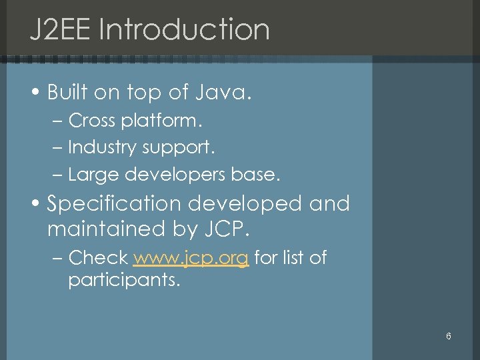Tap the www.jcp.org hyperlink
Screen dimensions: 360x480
[191, 257]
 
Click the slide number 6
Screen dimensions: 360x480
[449, 336]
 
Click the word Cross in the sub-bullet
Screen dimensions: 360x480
[92, 121]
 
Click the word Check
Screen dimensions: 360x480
[98, 257]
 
